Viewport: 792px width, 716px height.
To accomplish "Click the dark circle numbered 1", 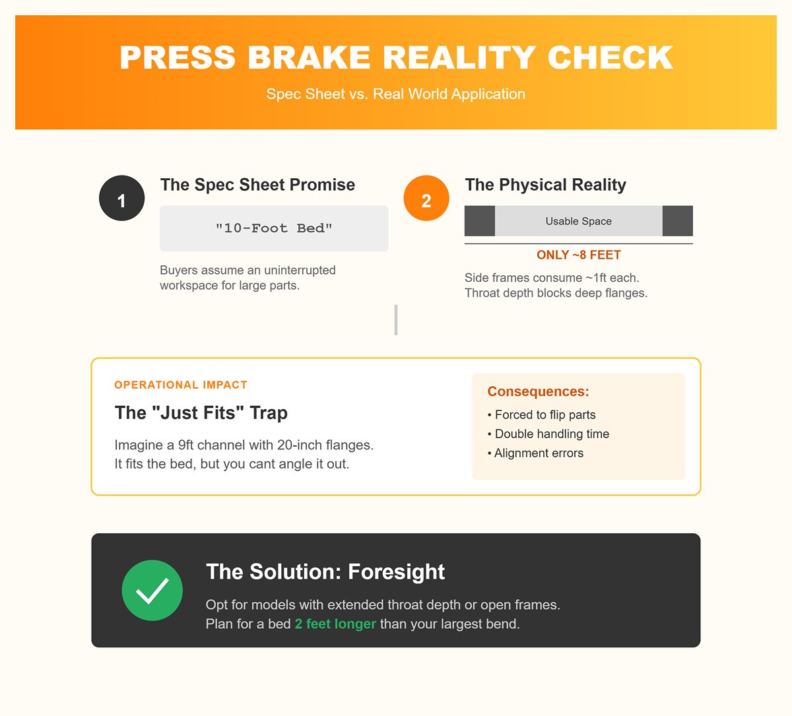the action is tap(121, 198).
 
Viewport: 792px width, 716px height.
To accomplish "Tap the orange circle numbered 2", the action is tap(426, 198).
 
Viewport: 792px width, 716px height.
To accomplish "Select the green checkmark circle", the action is tap(152, 591).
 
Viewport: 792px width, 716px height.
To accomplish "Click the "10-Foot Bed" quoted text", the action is tap(274, 228).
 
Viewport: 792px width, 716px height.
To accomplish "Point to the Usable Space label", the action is tap(578, 221).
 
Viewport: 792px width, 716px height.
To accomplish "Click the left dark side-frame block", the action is tap(480, 221).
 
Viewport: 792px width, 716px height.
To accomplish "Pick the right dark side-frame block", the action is tap(678, 221).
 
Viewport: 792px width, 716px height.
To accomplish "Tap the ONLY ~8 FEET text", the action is tap(578, 255).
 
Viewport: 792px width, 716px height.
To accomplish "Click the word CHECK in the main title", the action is tap(610, 57).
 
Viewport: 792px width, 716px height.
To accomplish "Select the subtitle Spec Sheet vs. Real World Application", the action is tap(395, 94).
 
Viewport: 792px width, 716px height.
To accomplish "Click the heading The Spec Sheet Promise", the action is tap(257, 184).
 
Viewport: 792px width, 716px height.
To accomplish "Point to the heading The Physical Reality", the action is tap(546, 185).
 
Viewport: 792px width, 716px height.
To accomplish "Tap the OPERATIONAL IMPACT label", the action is tap(181, 385).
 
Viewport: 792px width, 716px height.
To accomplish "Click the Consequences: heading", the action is tap(538, 391).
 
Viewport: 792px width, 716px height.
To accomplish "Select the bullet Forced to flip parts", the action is tap(541, 414).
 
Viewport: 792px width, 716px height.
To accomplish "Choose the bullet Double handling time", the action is tap(548, 434).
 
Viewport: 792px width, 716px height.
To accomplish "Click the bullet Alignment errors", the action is tap(535, 453).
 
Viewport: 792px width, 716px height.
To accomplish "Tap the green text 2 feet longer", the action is tap(335, 624).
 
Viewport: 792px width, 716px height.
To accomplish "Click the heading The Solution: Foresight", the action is tap(325, 572).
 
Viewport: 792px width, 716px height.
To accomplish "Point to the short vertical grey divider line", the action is tap(396, 320).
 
